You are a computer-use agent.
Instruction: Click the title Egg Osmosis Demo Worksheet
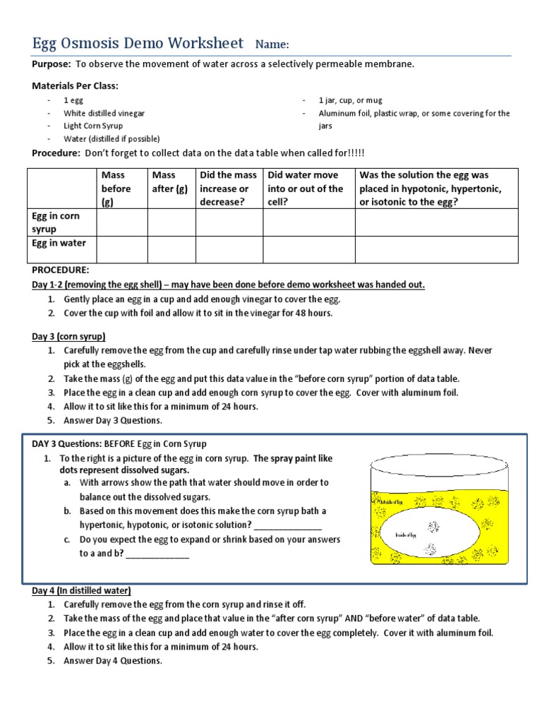click(x=138, y=43)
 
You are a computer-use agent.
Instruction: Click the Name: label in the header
click(x=272, y=44)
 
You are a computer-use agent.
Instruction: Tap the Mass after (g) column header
click(x=170, y=181)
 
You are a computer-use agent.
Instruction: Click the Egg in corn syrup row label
click(x=56, y=222)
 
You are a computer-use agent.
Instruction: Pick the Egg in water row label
click(x=59, y=243)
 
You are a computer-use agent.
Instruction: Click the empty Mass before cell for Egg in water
click(x=121, y=249)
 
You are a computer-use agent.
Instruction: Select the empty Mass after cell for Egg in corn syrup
click(x=171, y=222)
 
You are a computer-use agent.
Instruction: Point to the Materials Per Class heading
click(x=76, y=85)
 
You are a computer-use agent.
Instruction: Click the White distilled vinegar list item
click(x=104, y=113)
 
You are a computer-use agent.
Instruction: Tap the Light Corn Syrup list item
click(x=93, y=126)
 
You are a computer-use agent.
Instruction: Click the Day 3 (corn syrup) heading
click(x=68, y=336)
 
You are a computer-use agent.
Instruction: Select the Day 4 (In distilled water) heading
click(x=81, y=590)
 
